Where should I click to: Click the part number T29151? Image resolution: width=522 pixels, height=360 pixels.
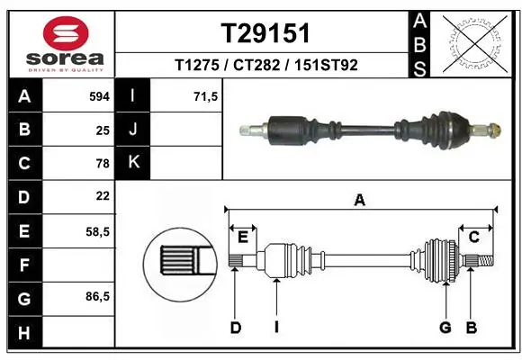point(265,33)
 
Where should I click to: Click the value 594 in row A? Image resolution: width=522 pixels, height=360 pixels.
point(98,96)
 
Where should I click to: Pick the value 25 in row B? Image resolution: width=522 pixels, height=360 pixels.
point(102,130)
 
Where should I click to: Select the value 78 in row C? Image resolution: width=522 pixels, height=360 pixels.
point(102,163)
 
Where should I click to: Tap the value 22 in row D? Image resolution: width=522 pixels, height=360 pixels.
point(102,195)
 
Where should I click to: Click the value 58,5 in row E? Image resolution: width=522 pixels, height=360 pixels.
point(97,230)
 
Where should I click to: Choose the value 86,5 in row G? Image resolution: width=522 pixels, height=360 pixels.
point(97,296)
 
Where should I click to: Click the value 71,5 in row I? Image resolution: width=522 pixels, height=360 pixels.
point(206,96)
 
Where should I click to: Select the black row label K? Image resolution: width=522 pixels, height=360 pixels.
point(134,163)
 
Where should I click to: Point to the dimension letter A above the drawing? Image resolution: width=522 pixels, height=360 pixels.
point(360,201)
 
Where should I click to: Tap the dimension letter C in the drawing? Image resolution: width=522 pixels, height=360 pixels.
point(472,237)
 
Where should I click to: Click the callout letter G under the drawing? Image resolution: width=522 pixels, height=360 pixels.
point(445,328)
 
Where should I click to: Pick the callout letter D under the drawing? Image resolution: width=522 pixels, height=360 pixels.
point(235,328)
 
